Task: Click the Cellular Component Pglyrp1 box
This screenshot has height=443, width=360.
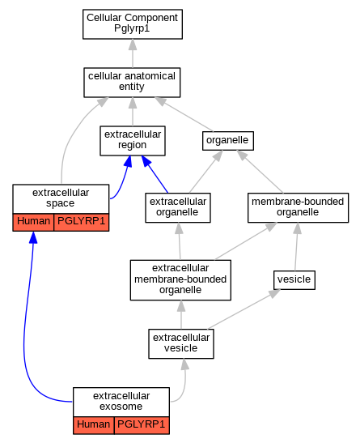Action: pos(133,24)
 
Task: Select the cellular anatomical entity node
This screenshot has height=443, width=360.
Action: pos(132,83)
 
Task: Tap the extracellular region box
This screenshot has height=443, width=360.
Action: pos(133,141)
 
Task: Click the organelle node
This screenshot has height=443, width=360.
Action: pos(227,141)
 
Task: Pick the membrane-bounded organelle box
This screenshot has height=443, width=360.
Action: pos(298,207)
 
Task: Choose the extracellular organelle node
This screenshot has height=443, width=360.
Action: pos(178,207)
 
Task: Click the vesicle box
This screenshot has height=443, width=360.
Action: pos(294,280)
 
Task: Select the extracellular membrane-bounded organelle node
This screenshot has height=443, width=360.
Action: pos(180,280)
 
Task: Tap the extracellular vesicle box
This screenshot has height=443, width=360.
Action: pos(181,343)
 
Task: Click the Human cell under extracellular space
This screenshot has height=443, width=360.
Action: pos(33,223)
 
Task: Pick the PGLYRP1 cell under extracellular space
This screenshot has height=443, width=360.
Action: pos(81,223)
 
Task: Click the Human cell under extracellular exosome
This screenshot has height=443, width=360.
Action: pos(94,425)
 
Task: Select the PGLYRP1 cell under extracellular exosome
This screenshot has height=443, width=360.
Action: pos(142,425)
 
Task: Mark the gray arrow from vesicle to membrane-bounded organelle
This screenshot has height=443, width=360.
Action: pos(296,247)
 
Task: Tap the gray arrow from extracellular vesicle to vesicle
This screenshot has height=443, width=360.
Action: pos(244,309)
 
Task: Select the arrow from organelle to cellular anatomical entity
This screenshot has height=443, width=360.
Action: pos(184,114)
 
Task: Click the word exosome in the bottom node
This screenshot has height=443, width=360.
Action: pos(121,407)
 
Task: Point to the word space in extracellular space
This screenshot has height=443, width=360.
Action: pos(60,203)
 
